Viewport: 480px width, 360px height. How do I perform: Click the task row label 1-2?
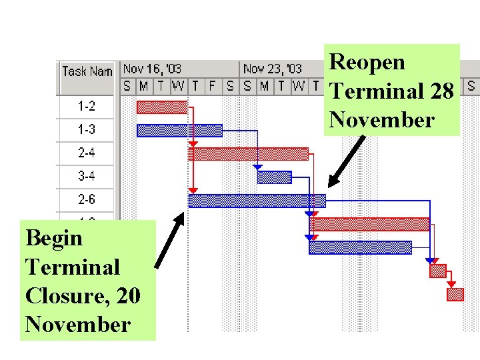tap(86, 107)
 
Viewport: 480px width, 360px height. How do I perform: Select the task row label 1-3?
tap(86, 130)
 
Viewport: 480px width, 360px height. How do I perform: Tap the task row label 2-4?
tap(86, 153)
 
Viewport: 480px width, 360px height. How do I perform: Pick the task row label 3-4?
tap(86, 177)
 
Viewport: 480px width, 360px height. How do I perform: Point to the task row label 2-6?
tap(86, 200)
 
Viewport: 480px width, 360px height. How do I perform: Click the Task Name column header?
tap(87, 71)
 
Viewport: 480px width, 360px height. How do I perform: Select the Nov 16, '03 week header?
tap(152, 69)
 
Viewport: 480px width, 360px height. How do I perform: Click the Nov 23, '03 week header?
tap(272, 69)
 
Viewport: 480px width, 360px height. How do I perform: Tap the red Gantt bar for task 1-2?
tap(161, 107)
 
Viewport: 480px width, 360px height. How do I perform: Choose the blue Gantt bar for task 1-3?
tap(179, 131)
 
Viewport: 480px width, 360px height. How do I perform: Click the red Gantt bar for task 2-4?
tap(248, 154)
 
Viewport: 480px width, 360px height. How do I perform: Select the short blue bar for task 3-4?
tap(274, 177)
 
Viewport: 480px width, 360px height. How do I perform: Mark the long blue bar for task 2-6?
tap(257, 201)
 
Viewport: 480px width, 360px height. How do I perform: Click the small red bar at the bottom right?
tap(455, 294)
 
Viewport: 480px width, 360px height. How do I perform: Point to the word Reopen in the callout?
tap(367, 62)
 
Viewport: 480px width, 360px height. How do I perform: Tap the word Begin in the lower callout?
tap(53, 238)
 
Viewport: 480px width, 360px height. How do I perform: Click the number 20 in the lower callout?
tap(127, 295)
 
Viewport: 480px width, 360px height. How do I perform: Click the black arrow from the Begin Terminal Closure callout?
tap(169, 240)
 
